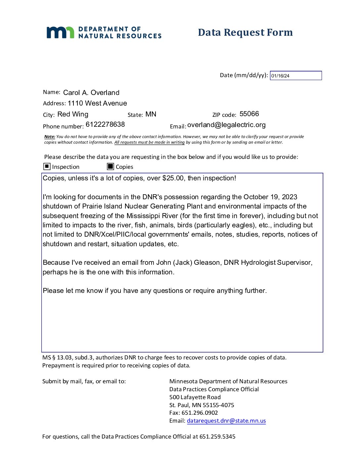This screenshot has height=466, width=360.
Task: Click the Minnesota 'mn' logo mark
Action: click(x=60, y=32)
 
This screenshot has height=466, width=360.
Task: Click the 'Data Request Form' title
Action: click(x=245, y=32)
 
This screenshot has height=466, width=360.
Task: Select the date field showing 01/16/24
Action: click(x=295, y=76)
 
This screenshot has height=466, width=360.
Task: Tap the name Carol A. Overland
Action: click(x=91, y=93)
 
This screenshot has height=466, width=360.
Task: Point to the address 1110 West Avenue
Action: click(x=97, y=103)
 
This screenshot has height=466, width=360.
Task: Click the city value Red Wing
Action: click(x=73, y=115)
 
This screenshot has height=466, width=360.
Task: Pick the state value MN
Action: click(x=151, y=115)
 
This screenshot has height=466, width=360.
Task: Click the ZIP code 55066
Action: click(x=249, y=114)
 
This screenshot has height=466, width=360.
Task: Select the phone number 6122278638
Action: click(x=105, y=124)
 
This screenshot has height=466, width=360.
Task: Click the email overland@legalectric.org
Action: click(x=226, y=125)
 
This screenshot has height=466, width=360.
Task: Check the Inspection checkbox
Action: click(x=47, y=166)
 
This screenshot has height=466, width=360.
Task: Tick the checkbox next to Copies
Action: click(x=111, y=166)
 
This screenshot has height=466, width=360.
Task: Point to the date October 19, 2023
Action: click(x=270, y=197)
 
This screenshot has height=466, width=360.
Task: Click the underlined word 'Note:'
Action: click(x=50, y=137)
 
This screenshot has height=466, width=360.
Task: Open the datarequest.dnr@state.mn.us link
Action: click(x=226, y=421)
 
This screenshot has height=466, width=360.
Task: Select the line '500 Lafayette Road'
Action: click(x=195, y=397)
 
